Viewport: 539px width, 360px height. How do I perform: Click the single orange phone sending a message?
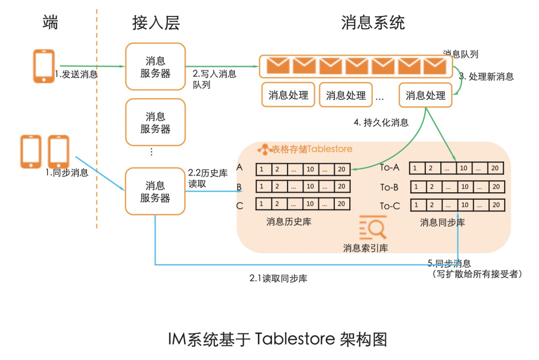(x=44, y=65)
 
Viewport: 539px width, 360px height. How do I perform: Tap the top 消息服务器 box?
(x=155, y=67)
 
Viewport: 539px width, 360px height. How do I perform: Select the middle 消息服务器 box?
(x=155, y=122)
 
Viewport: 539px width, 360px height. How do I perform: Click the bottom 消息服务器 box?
(x=155, y=192)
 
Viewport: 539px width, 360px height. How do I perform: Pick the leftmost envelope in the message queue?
(x=277, y=65)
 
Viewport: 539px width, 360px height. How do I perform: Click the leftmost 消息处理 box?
(x=288, y=95)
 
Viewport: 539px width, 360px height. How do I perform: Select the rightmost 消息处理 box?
(x=425, y=95)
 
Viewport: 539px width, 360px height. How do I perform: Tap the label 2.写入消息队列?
(x=215, y=79)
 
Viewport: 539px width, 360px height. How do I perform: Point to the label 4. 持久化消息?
(x=381, y=123)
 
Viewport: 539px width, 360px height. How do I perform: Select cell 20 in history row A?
(x=341, y=169)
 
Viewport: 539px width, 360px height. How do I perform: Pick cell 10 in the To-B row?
(x=464, y=187)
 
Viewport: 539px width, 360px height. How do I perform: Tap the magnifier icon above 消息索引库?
(x=373, y=229)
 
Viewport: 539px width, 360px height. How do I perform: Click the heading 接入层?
(x=155, y=22)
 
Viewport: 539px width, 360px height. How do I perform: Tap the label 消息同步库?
(x=442, y=222)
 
